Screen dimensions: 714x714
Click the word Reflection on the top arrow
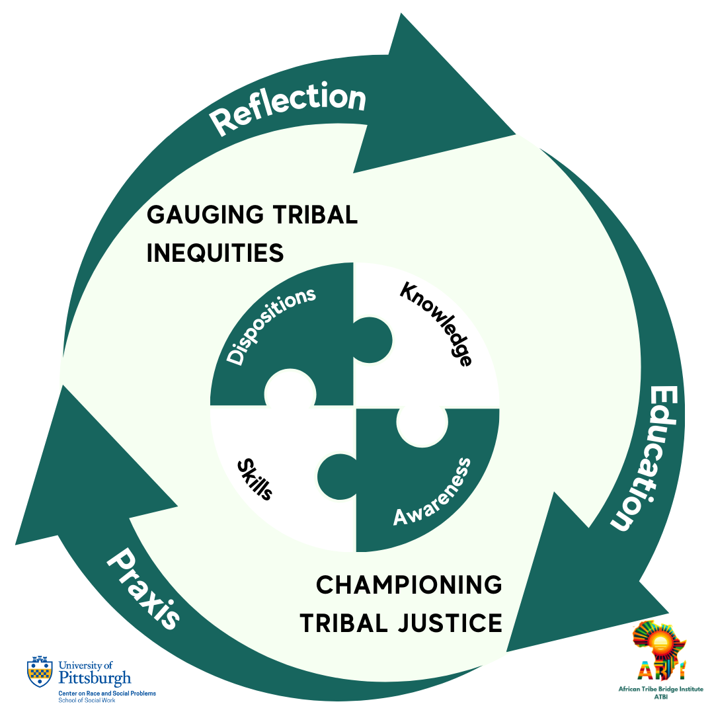(x=287, y=109)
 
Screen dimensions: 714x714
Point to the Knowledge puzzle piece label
(x=436, y=324)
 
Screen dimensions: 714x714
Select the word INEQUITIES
(x=215, y=253)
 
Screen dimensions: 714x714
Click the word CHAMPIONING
(x=409, y=585)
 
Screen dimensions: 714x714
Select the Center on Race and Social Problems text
(x=108, y=693)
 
